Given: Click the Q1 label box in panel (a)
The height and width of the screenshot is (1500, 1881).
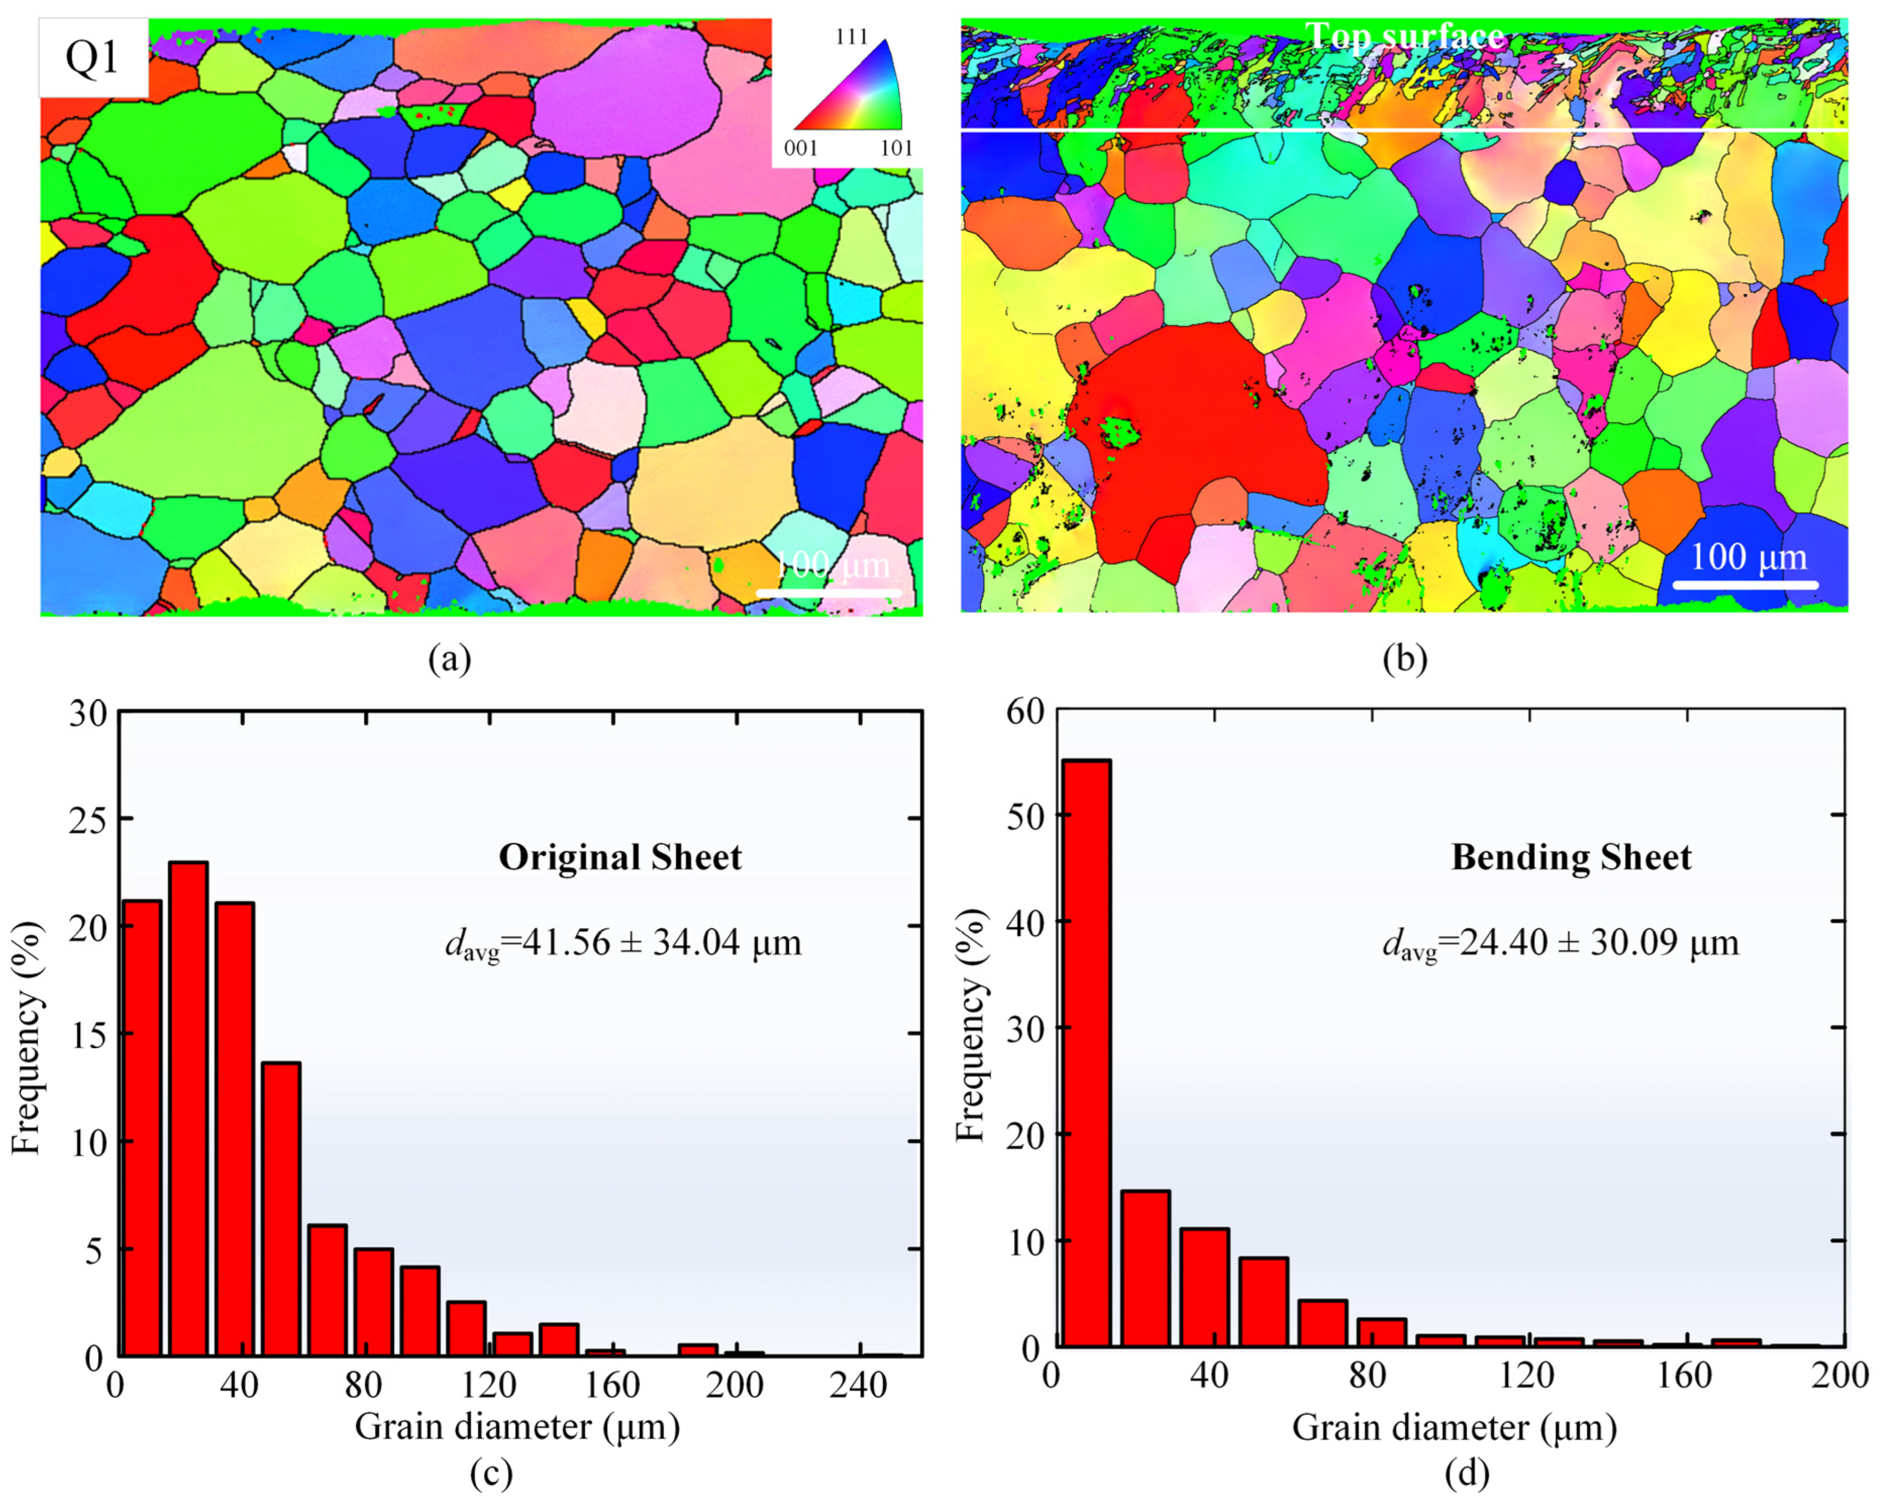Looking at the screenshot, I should tap(92, 58).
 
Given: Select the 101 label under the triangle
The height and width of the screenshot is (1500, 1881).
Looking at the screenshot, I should tap(895, 148).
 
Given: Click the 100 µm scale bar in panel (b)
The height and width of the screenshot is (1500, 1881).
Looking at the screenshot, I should tap(1745, 583).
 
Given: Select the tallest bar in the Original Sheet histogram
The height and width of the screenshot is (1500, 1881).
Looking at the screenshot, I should tap(189, 1108).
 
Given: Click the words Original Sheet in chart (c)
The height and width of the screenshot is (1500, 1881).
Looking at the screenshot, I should tap(619, 857).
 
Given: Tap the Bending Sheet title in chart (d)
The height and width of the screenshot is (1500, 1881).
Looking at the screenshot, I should tap(1570, 857).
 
